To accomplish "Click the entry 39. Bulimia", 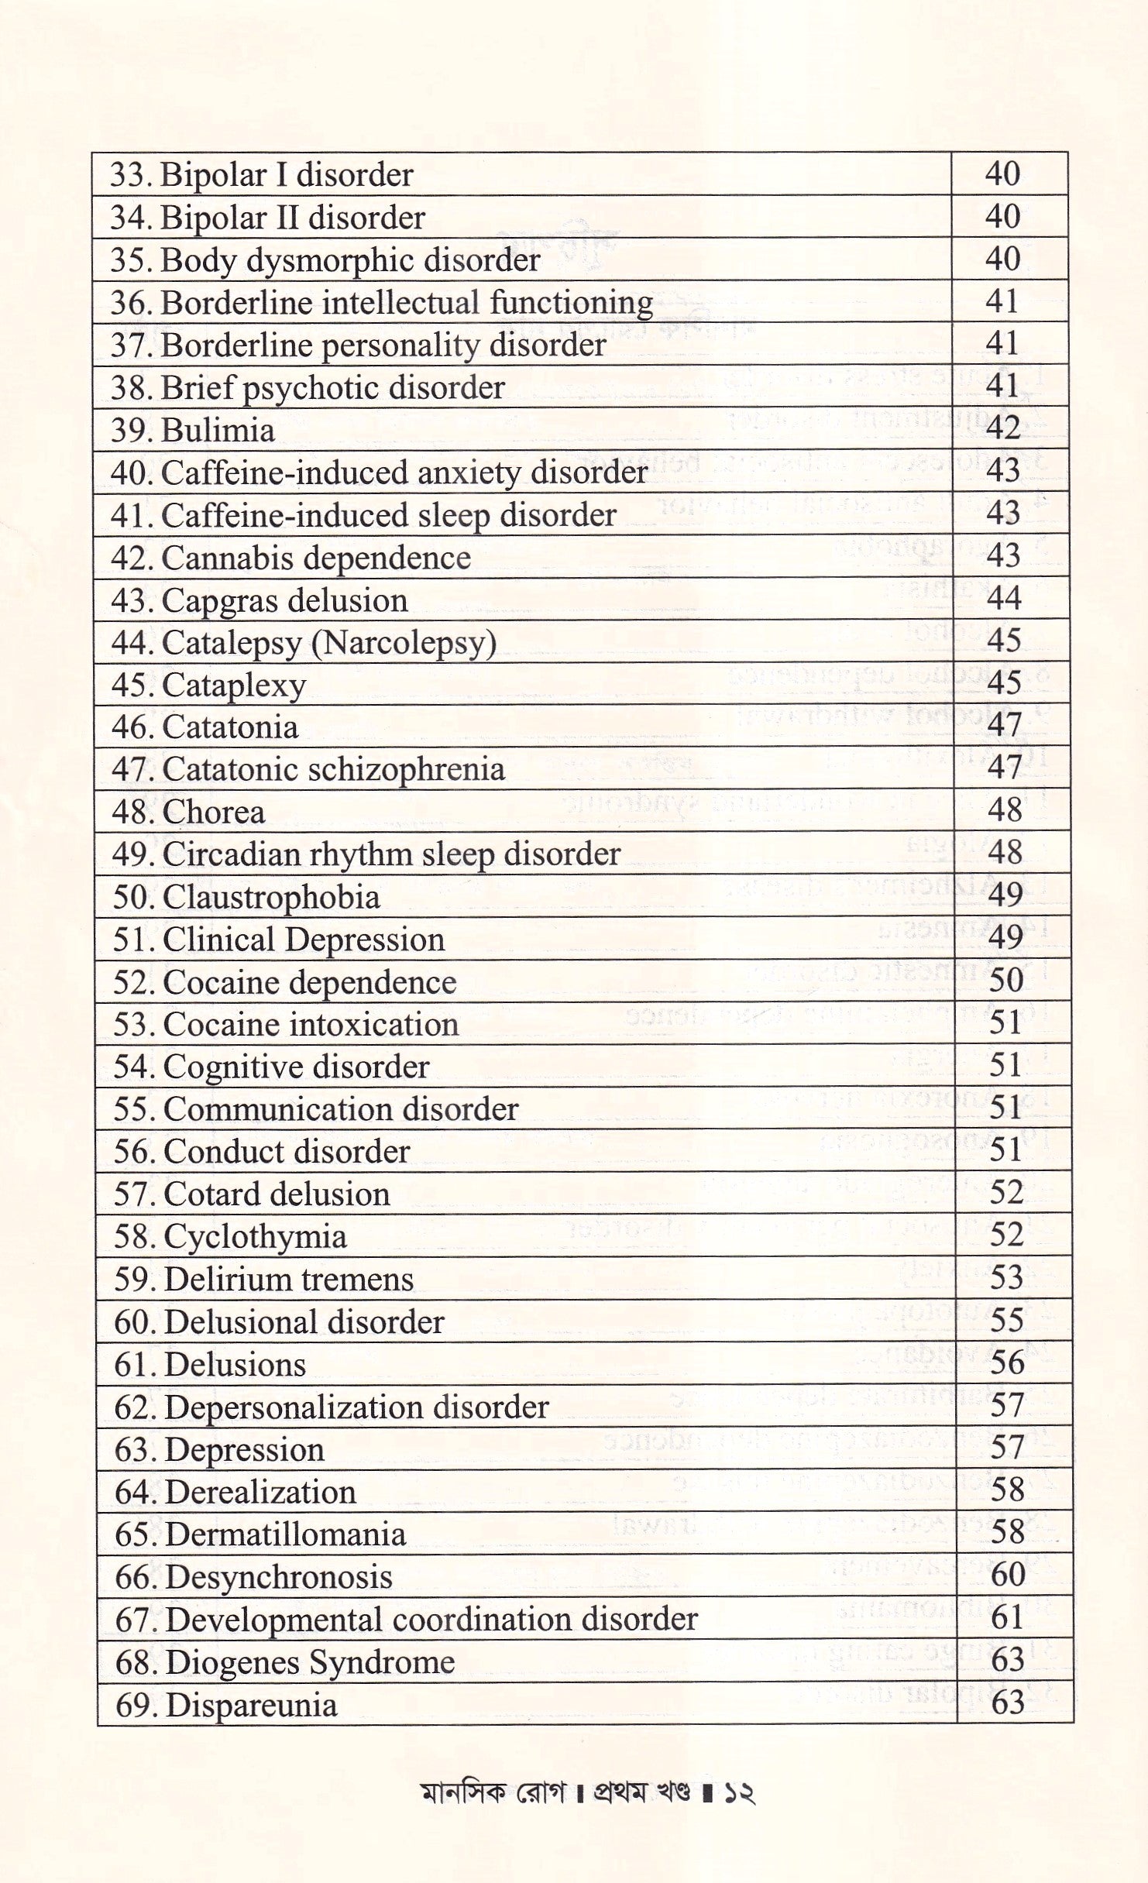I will (193, 431).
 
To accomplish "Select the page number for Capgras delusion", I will (1004, 598).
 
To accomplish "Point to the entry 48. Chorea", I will (189, 813).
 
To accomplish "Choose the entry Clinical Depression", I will (279, 940).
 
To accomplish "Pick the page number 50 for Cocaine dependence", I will (1006, 981).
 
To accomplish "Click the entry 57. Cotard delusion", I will (252, 1194).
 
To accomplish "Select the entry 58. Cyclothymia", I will (230, 1237).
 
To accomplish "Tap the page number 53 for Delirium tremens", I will (1007, 1277).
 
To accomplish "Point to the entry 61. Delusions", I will (210, 1365).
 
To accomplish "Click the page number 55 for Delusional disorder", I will (1007, 1320).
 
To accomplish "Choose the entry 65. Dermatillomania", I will (260, 1534).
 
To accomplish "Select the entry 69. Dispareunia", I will (226, 1706).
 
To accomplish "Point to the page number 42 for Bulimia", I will (1003, 428).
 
